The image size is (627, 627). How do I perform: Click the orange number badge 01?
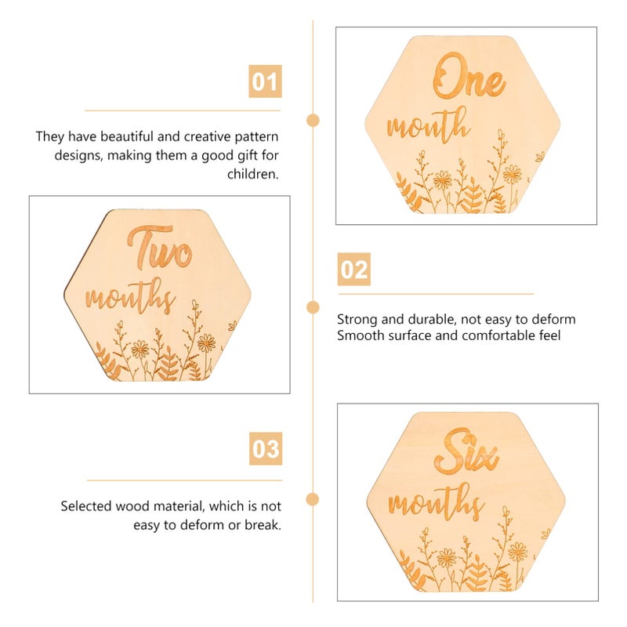click(265, 82)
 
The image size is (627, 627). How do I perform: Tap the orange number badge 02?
click(354, 270)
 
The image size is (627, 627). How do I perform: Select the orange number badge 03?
click(266, 449)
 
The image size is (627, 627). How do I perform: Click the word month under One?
click(428, 125)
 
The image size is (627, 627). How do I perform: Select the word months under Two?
click(130, 298)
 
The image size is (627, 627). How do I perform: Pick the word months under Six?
click(436, 501)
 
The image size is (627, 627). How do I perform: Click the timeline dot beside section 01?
click(313, 120)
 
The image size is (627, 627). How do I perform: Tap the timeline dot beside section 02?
click(313, 306)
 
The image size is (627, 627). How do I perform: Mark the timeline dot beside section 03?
click(313, 498)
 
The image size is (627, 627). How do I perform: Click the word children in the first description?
click(252, 174)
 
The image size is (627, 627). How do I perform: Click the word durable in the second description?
click(427, 320)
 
